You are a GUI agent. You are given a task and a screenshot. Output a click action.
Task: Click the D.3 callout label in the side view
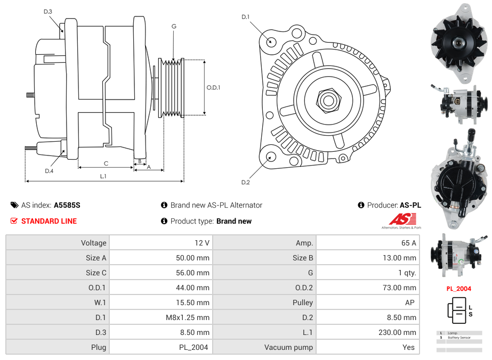[x=47, y=11]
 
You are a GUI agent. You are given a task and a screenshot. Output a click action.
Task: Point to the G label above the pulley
[x=174, y=26]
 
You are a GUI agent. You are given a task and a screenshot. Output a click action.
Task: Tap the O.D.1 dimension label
[x=213, y=88]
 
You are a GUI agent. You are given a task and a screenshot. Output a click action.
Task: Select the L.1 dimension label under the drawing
[x=103, y=176]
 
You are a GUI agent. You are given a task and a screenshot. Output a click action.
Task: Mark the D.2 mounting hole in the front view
[x=271, y=157]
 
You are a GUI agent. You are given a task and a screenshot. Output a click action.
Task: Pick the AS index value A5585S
[x=67, y=205]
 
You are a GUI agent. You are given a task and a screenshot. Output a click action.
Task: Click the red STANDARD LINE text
[x=49, y=221]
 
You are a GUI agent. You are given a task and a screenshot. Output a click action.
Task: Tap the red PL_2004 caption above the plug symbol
[x=459, y=289]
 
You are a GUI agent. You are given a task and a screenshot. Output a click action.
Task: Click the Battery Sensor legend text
[x=459, y=338]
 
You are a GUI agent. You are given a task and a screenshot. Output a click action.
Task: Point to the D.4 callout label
[x=49, y=171]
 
